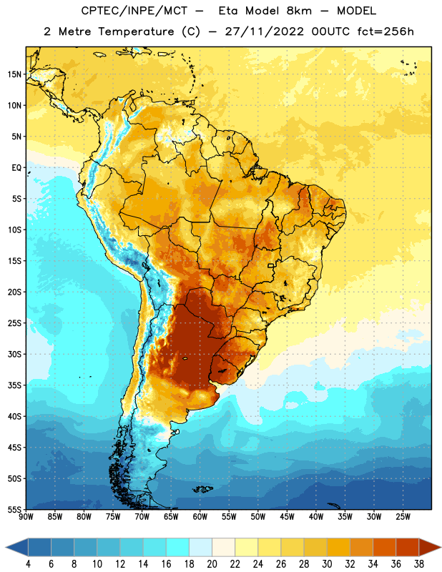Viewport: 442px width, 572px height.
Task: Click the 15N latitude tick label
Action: click(14, 74)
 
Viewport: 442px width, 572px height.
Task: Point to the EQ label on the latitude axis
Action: click(16, 168)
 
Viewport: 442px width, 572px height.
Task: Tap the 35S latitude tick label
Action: click(14, 385)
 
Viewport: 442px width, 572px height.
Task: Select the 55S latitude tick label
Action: click(14, 510)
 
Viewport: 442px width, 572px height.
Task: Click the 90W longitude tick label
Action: click(26, 517)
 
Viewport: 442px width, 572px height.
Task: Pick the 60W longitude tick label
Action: click(200, 517)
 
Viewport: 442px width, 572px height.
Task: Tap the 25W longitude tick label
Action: click(403, 517)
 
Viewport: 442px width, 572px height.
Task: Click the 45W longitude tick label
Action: click(287, 517)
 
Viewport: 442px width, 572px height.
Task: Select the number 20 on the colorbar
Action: click(212, 564)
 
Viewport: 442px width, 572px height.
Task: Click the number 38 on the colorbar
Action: click(419, 564)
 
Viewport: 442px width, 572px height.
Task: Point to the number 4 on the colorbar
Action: click(28, 564)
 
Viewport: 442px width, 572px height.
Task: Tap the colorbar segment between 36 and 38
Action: click(408, 548)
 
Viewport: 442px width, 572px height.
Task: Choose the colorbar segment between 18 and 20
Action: click(200, 548)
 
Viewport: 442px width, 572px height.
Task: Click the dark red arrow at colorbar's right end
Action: click(429, 548)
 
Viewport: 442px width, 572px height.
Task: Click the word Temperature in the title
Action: click(136, 31)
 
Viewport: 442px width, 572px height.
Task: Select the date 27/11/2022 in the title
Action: click(264, 31)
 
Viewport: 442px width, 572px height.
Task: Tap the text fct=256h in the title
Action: click(385, 31)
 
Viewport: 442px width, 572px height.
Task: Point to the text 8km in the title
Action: click(299, 11)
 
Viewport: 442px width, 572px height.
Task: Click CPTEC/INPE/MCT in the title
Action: click(134, 11)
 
